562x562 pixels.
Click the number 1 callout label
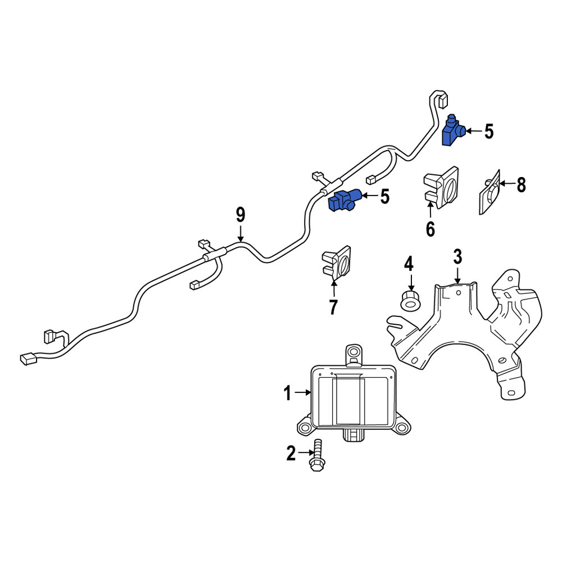pyautogui.click(x=287, y=393)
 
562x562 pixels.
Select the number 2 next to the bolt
pyautogui.click(x=291, y=453)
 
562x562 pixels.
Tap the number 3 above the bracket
pyautogui.click(x=457, y=257)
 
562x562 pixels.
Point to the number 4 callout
pyautogui.click(x=409, y=264)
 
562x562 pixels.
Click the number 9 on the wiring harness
pyautogui.click(x=241, y=215)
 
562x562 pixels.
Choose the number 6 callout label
pyautogui.click(x=430, y=229)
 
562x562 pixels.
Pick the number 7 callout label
pyautogui.click(x=333, y=307)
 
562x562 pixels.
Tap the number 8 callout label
pyautogui.click(x=521, y=185)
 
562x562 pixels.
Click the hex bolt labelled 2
pyautogui.click(x=317, y=455)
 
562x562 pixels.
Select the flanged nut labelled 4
pyautogui.click(x=410, y=300)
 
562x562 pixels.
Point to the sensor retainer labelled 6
pyautogui.click(x=441, y=187)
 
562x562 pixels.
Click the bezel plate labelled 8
pyautogui.click(x=490, y=192)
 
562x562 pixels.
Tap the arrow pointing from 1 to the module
pyautogui.click(x=302, y=393)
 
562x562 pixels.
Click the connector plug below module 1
pyautogui.click(x=353, y=435)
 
